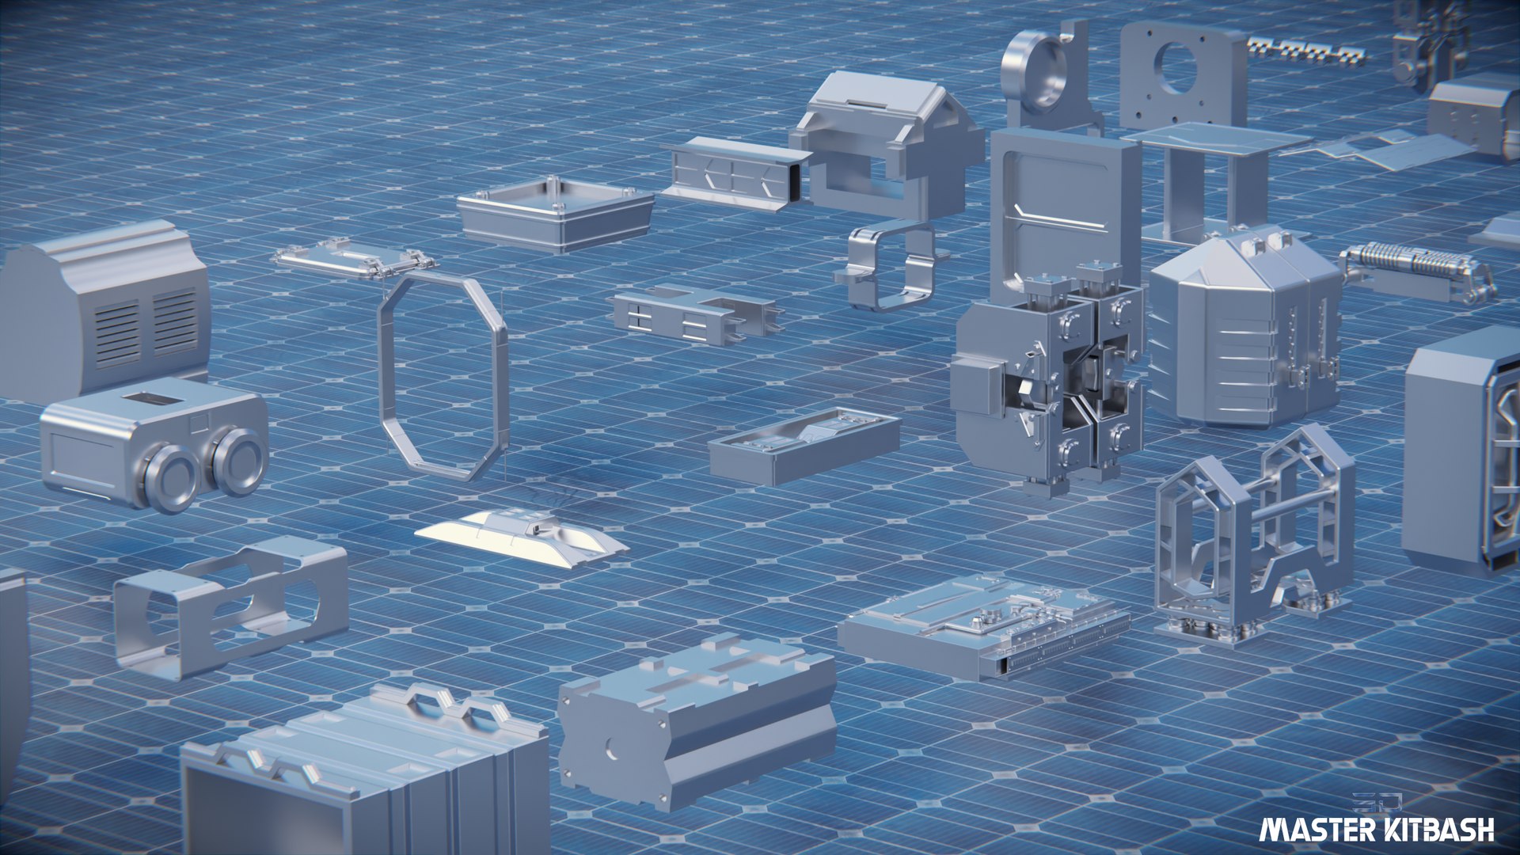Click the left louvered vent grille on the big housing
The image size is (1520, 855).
[117, 332]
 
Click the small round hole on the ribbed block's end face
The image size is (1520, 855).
[610, 747]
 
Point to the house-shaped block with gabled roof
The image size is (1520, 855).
[887, 142]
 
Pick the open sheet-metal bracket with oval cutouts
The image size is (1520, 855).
[230, 606]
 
